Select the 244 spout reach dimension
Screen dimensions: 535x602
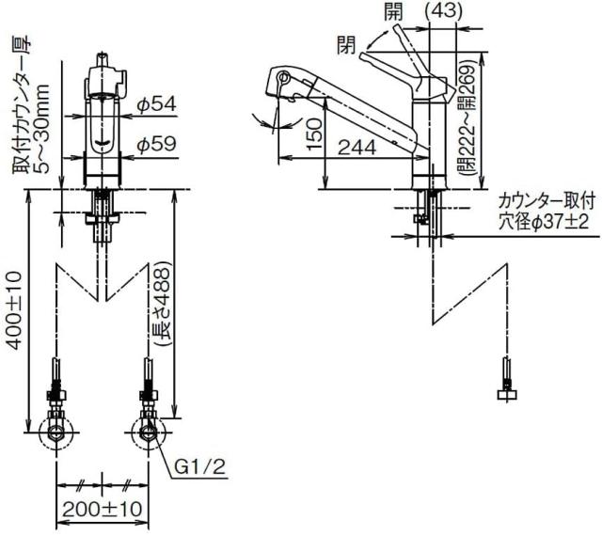357,146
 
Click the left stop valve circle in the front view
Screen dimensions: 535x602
58,434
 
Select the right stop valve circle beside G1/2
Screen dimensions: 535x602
147,434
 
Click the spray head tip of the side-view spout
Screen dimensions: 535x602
283,84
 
